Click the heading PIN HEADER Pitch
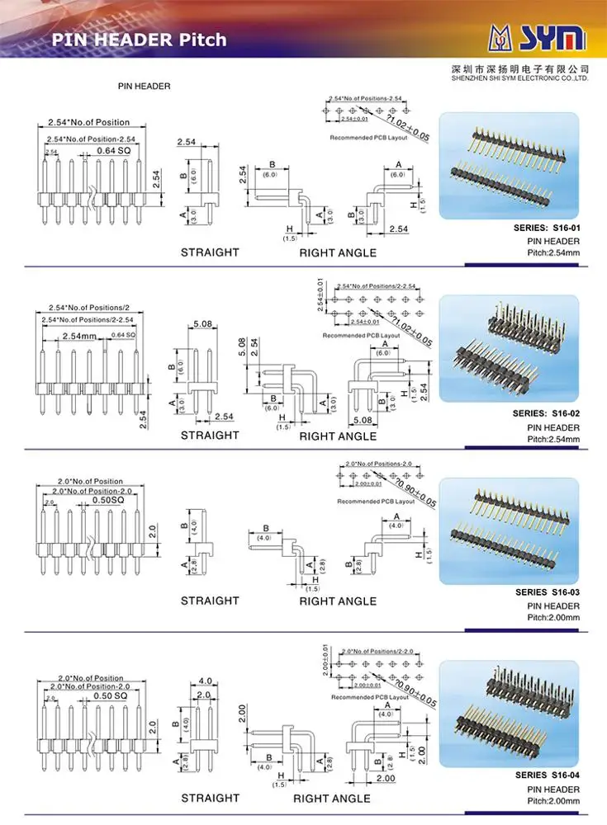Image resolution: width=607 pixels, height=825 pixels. coord(139,40)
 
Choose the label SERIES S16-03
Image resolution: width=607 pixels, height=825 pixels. coord(548,592)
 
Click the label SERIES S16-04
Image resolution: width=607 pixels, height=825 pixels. coord(548,775)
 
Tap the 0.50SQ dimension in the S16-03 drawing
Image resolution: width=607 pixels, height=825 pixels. coord(107,500)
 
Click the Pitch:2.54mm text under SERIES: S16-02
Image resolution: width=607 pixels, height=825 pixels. coord(553,439)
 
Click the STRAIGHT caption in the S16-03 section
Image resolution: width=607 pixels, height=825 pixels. coord(210,601)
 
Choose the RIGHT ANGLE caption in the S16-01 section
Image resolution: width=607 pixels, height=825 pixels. coord(338,252)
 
